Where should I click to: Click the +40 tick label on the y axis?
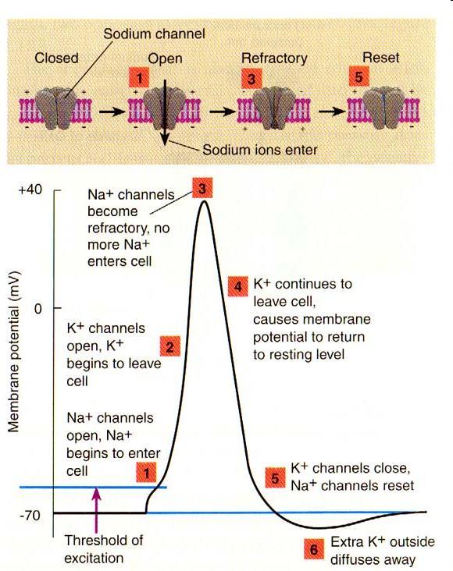30,190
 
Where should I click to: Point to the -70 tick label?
30,516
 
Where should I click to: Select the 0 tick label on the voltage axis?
38,309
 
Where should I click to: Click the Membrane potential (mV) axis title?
13,351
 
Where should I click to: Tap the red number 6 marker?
314,548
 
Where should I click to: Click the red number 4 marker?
237,286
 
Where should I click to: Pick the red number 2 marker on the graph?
170,346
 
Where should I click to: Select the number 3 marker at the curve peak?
202,188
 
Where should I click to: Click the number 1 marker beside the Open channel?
139,77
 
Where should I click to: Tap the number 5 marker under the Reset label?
359,76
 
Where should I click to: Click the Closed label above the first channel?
56,59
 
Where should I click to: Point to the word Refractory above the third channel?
274,59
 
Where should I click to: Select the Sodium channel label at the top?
155,34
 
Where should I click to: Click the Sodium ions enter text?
259,150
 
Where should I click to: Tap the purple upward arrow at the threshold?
97,510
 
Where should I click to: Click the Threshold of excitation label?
104,549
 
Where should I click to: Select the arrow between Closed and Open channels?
112,112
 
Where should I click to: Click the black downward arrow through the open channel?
165,112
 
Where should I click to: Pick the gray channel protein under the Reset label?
383,108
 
